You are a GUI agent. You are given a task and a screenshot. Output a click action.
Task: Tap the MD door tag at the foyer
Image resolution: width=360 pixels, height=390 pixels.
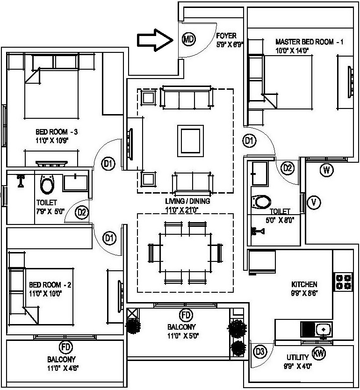(189, 39)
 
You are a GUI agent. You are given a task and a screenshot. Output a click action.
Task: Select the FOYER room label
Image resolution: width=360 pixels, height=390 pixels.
(226, 36)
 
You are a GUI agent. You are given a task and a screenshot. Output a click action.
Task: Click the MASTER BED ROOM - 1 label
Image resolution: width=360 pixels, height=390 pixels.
(309, 42)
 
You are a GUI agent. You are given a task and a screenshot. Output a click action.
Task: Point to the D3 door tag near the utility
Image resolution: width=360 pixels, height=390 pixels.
(260, 352)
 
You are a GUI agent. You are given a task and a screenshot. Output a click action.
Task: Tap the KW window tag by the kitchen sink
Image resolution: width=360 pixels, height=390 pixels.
(318, 353)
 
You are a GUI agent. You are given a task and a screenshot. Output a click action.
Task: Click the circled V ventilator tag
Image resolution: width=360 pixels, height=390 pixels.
(314, 202)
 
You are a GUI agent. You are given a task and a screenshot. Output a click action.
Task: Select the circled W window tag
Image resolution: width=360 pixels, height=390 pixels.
(326, 170)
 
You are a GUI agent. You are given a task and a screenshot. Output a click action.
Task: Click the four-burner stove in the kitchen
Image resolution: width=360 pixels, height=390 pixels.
(343, 282)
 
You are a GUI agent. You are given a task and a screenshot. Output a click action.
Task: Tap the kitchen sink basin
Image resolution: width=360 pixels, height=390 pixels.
(323, 330)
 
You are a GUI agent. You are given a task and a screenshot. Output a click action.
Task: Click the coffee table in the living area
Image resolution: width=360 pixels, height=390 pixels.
(190, 141)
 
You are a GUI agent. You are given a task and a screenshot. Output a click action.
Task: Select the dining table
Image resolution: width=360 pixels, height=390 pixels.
(185, 253)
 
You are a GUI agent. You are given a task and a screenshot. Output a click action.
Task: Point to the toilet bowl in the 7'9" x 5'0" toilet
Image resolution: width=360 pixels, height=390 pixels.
(47, 184)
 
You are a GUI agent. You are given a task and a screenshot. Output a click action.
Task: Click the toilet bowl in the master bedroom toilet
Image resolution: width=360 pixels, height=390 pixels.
(261, 202)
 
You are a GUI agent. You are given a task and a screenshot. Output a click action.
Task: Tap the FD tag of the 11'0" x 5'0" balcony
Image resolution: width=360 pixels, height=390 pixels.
(186, 315)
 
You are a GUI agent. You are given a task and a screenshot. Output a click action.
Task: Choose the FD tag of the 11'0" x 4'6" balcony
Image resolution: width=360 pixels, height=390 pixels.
(66, 347)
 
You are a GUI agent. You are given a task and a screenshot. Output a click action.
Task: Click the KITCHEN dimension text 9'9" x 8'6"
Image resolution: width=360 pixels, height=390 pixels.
(304, 293)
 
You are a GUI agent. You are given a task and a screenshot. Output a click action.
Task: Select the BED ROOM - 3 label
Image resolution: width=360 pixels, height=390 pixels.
(57, 131)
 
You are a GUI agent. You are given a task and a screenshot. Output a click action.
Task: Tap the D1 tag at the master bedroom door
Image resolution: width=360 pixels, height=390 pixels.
(249, 141)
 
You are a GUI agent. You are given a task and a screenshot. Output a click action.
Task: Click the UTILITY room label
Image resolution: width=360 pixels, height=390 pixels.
(297, 357)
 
